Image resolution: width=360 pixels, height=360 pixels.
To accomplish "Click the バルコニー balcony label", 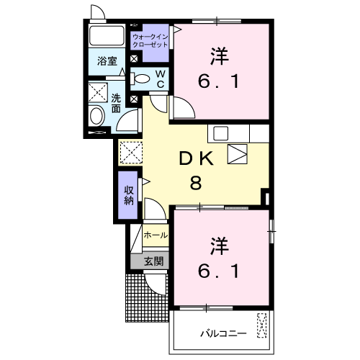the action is [x=223, y=333].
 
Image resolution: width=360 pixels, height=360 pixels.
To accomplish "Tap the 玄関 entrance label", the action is [x=154, y=261].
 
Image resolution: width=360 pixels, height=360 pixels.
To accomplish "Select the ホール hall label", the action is [x=156, y=235].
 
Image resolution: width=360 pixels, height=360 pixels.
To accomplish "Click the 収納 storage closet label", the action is [x=129, y=195].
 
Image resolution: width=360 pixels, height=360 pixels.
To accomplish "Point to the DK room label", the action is [x=197, y=158].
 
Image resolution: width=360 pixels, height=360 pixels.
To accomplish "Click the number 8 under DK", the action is [x=196, y=183].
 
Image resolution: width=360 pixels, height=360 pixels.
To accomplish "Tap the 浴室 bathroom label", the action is [x=107, y=61].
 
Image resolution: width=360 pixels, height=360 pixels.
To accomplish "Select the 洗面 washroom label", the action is [x=116, y=103].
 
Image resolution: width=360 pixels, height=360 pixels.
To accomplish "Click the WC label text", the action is [x=161, y=79].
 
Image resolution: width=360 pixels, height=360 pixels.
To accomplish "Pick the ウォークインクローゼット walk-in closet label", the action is [x=150, y=41].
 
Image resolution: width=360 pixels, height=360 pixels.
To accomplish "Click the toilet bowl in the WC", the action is [x=140, y=78].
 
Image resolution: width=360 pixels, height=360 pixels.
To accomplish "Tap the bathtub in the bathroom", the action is [x=107, y=35].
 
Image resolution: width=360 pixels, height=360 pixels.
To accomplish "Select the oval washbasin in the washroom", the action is [x=96, y=116].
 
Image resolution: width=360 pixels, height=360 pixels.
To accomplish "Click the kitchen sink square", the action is [x=221, y=133].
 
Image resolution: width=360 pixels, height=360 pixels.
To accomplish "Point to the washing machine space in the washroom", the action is [x=98, y=93].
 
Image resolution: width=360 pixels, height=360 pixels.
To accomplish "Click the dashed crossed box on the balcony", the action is [x=262, y=325].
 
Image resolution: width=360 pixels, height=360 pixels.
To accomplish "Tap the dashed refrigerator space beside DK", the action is [x=131, y=153].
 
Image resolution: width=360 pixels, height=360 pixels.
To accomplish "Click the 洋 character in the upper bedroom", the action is [x=219, y=56].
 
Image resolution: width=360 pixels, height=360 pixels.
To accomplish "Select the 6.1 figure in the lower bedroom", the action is [x=219, y=271].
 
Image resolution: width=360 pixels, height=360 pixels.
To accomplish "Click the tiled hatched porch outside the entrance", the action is [x=146, y=297].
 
